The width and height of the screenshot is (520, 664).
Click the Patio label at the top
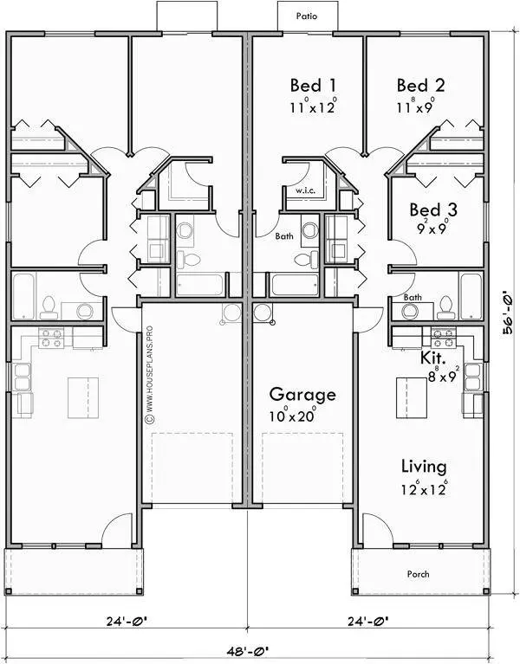click(305, 16)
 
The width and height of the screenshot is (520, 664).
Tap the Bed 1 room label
click(312, 86)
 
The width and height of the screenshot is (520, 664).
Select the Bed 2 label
click(420, 86)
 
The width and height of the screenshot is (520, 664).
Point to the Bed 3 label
click(432, 210)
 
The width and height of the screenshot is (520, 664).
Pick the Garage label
click(302, 395)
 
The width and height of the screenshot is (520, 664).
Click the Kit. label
click(433, 357)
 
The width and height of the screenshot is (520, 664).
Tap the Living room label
click(423, 467)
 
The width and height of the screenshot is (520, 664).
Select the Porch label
click(418, 574)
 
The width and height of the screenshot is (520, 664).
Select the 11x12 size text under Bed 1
click(312, 108)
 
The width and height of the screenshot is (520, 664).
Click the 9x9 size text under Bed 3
click(432, 230)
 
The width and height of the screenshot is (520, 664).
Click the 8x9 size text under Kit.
click(444, 376)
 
